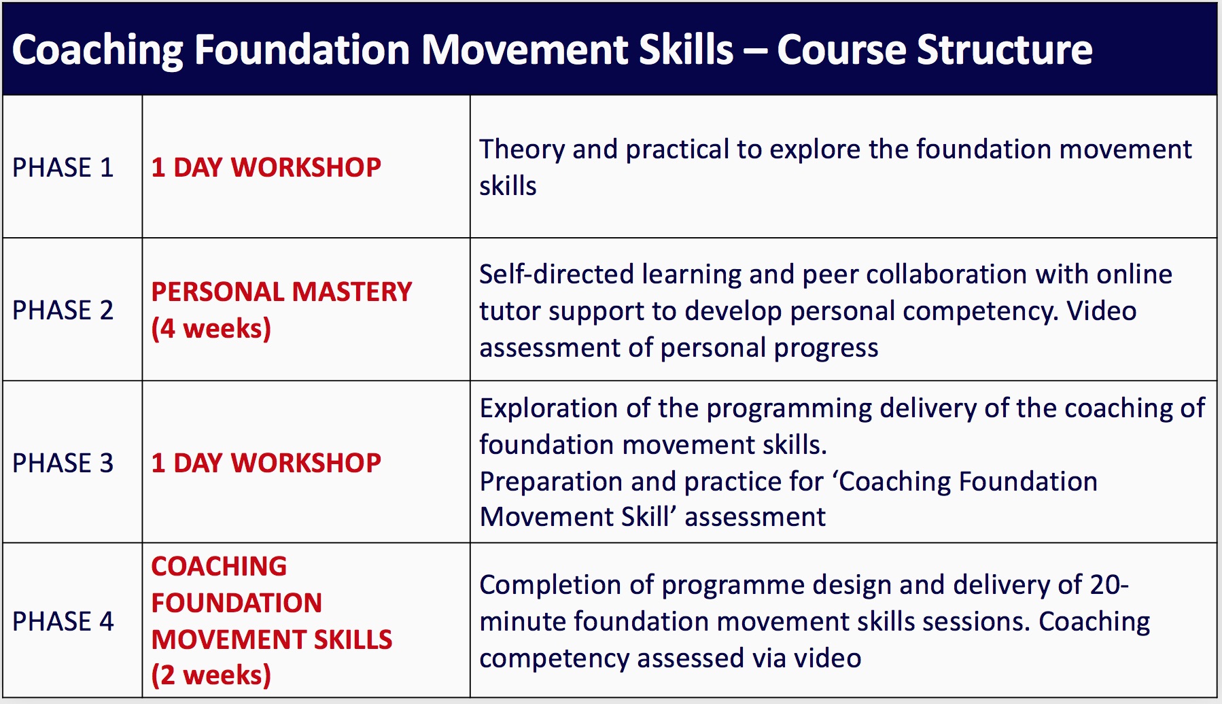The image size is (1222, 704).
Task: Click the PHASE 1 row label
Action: pyautogui.click(x=63, y=167)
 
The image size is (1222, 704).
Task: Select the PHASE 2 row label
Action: pyautogui.click(x=63, y=310)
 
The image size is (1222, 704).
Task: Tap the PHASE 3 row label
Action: pyautogui.click(x=63, y=463)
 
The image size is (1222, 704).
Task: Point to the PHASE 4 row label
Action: pyautogui.click(x=63, y=621)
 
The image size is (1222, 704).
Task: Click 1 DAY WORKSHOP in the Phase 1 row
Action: pyautogui.click(x=266, y=167)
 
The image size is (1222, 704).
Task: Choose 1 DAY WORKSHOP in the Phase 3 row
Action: pyautogui.click(x=266, y=463)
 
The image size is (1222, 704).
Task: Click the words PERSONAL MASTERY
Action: pyautogui.click(x=281, y=292)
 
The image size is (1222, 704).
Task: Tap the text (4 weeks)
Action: pyautogui.click(x=211, y=328)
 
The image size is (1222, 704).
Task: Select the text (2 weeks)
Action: pyautogui.click(x=211, y=675)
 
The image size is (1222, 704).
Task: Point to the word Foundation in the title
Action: pyautogui.click(x=302, y=50)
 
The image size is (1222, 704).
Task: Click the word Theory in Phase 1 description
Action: pyautogui.click(x=521, y=149)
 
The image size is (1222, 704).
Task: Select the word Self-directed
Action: pyautogui.click(x=556, y=274)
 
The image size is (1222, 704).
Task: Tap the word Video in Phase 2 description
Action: pyautogui.click(x=1101, y=311)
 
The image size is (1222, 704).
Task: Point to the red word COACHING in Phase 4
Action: pyautogui.click(x=219, y=566)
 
